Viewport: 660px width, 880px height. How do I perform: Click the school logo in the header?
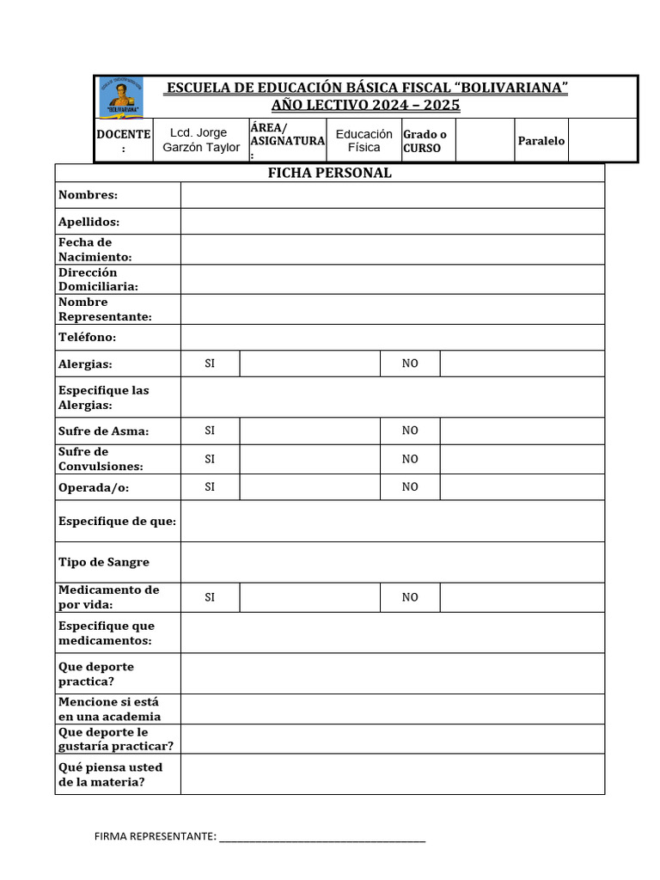tap(121, 97)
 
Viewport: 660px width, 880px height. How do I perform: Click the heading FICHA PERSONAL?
tap(329, 173)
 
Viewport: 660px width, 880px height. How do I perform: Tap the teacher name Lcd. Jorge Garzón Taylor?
tap(201, 140)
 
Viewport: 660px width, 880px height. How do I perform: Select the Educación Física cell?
tap(364, 140)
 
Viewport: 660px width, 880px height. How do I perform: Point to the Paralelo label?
tap(541, 140)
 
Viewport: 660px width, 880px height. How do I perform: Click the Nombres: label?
tap(88, 195)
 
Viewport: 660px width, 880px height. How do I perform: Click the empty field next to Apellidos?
tap(392, 222)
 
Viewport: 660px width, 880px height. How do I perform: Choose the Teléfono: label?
tap(87, 337)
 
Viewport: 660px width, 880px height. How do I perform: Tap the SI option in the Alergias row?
tap(210, 364)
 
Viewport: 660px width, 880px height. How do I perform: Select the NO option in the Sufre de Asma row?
tap(410, 431)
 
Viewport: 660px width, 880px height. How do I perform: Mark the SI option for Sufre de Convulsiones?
tap(210, 459)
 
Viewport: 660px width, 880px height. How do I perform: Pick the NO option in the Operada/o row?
tap(410, 486)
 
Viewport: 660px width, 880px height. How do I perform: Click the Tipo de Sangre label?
tap(103, 562)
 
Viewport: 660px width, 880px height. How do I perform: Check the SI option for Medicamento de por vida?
tap(210, 597)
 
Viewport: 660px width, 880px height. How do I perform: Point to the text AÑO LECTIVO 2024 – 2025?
tap(365, 106)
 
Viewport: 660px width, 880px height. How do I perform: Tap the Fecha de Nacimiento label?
tap(95, 249)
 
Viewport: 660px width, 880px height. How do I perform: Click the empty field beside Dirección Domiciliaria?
tap(392, 279)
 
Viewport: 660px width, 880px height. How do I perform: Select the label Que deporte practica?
tap(95, 674)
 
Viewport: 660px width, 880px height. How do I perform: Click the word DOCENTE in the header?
tap(123, 135)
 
